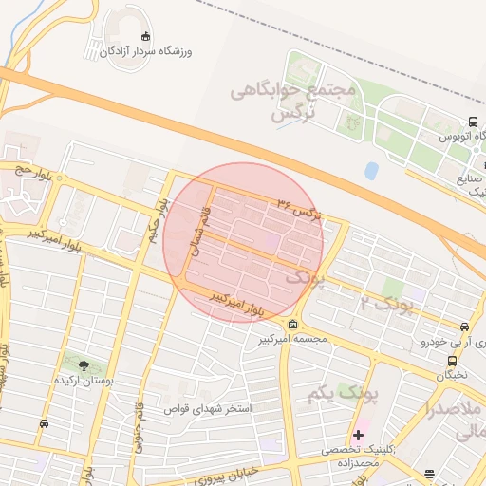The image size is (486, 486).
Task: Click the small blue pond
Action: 371,171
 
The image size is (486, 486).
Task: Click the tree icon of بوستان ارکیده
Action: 84,364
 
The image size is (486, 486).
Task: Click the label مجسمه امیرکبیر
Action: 295,339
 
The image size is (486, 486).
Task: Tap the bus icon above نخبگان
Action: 451,362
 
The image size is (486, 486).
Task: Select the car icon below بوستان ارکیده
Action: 44,423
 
